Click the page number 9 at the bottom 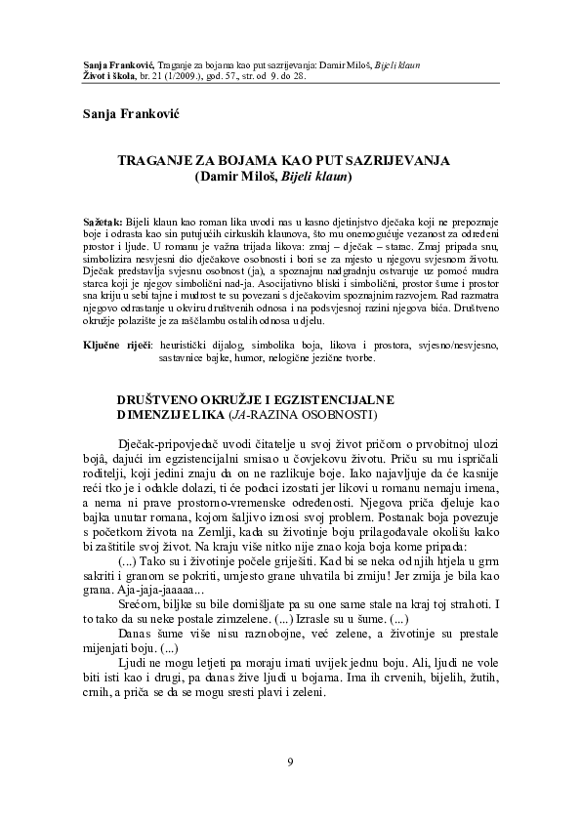click(x=290, y=761)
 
